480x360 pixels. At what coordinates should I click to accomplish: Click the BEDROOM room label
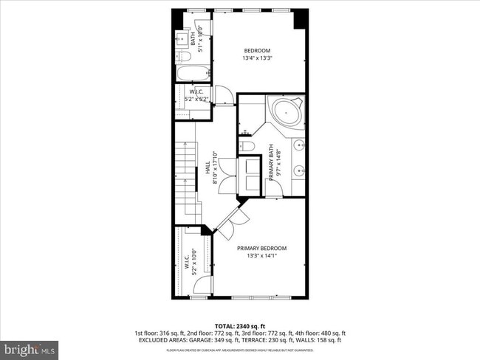coord(257,51)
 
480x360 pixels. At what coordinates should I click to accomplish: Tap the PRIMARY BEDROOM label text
coord(261,248)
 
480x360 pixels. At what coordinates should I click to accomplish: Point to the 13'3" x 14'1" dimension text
coord(261,257)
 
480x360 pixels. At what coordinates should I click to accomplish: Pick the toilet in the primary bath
coord(248,147)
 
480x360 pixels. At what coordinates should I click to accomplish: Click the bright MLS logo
coord(30,347)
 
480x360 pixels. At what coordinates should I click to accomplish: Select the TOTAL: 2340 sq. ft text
coord(240,325)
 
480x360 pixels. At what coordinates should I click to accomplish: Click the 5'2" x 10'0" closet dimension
coord(193,262)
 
